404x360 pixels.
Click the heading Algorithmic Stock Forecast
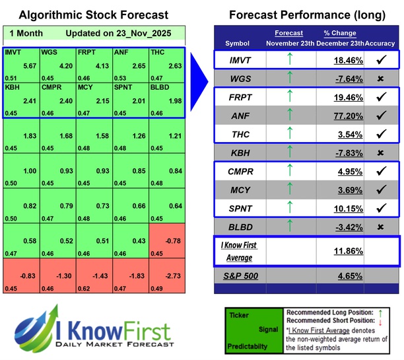click(x=94, y=15)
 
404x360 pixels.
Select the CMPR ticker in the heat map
click(x=51, y=87)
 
